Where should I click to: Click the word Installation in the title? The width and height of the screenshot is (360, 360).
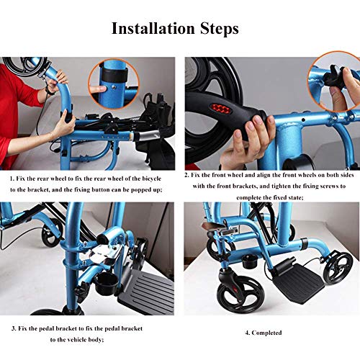(153, 28)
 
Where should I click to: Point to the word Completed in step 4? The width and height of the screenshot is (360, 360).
(266, 333)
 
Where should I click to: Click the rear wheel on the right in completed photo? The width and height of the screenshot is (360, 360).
(338, 267)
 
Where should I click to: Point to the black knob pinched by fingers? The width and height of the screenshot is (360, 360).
(333, 76)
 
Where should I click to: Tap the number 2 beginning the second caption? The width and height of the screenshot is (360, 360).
(186, 175)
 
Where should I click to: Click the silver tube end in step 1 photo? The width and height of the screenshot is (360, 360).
(146, 137)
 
